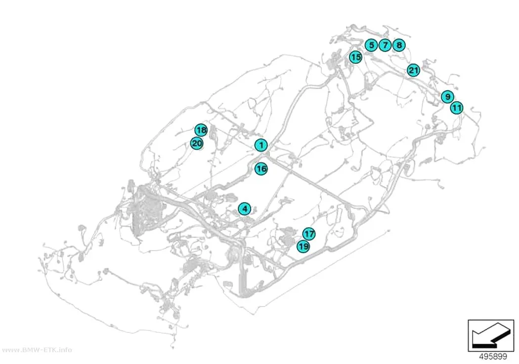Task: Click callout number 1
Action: click(x=261, y=145)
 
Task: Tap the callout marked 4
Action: click(x=245, y=209)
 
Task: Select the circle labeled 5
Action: click(x=371, y=45)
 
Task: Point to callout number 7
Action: click(x=385, y=45)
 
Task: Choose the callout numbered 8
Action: click(x=399, y=45)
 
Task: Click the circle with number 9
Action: click(x=447, y=97)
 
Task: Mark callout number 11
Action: click(x=457, y=108)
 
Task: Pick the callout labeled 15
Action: click(x=356, y=57)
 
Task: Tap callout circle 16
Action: click(x=261, y=169)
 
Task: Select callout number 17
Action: click(x=309, y=234)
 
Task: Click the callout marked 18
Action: click(x=201, y=130)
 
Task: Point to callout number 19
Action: click(x=303, y=246)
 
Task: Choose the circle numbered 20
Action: click(x=197, y=144)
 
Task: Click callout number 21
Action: click(x=413, y=70)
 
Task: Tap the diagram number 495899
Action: click(x=493, y=357)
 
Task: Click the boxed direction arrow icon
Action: click(x=491, y=335)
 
